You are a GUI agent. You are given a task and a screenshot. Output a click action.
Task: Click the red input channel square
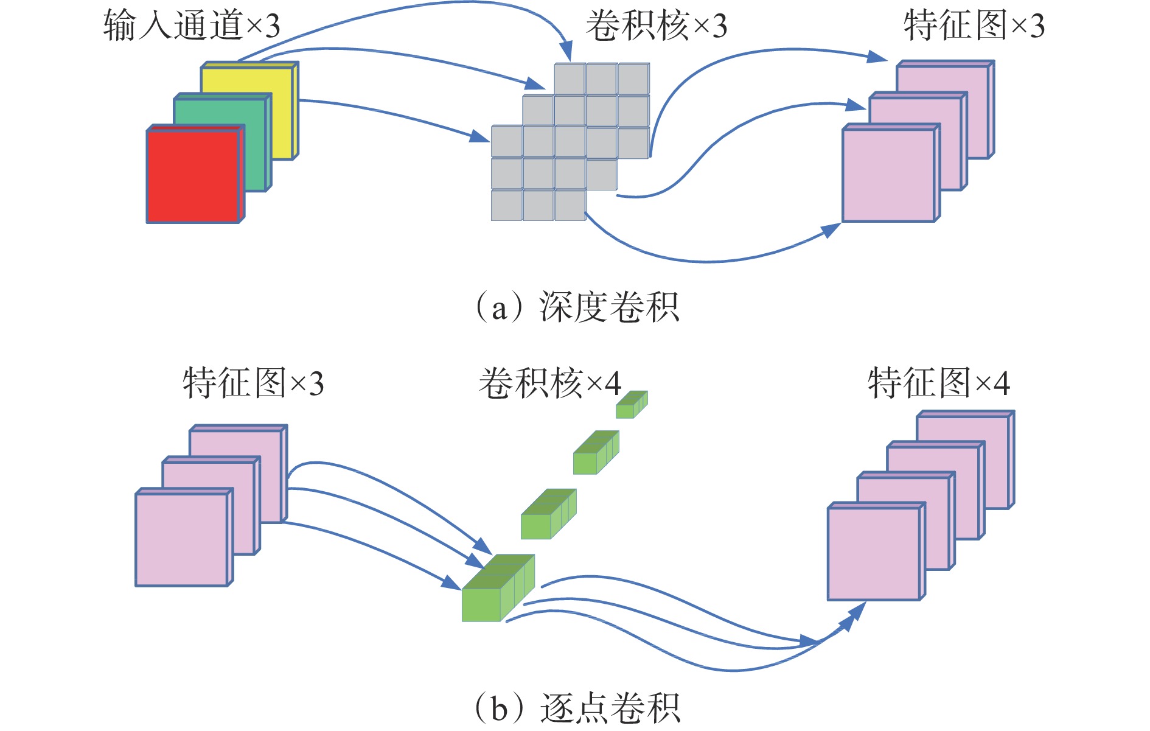click(193, 177)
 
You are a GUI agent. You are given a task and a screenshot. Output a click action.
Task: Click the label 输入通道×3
click(191, 26)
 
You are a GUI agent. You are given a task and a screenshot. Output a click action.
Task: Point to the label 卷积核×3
click(657, 26)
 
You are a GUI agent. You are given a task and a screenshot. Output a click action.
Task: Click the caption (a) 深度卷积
click(576, 307)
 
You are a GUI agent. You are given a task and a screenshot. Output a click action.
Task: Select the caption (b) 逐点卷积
click(576, 708)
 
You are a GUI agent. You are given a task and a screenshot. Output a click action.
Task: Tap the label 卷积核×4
click(550, 383)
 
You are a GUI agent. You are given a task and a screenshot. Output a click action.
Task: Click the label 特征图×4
click(939, 383)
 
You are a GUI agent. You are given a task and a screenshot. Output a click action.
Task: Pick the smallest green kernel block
click(631, 405)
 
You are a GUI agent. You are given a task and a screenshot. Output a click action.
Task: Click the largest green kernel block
click(497, 589)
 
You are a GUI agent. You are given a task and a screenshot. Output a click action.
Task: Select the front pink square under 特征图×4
click(874, 554)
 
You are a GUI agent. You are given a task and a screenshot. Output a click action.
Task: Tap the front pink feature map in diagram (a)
click(888, 175)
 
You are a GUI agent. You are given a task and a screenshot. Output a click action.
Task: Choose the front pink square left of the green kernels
click(181, 539)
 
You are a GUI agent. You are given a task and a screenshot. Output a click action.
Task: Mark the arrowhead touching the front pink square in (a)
click(831, 229)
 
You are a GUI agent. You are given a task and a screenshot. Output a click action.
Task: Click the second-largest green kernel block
click(548, 515)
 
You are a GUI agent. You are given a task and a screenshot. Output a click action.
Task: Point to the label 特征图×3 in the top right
click(974, 26)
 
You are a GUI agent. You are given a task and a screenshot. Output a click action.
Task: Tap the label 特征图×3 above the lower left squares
click(253, 383)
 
